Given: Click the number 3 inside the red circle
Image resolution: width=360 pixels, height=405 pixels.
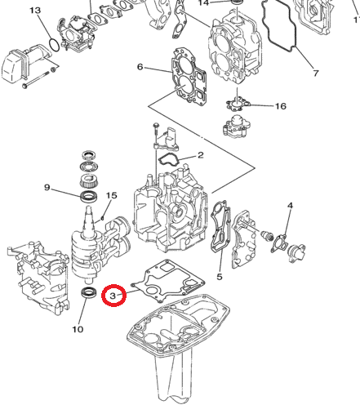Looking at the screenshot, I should coord(113,293).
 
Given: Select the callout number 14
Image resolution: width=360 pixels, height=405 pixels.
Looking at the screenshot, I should coord(204,3).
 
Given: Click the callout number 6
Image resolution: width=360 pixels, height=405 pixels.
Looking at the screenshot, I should coord(140,66).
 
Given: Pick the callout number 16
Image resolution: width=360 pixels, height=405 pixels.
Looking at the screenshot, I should coord(280,106).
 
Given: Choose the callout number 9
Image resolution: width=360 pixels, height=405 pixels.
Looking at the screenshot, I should coord(47,187).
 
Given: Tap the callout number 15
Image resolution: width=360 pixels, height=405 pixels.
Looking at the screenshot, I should coord(112,196).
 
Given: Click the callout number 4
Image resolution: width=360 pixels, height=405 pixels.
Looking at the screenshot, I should coord(289,214).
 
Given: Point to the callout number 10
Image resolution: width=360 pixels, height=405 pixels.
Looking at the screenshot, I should coord(78,329).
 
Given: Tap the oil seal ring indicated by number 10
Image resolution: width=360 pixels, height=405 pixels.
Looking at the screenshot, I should coord(89,293).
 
